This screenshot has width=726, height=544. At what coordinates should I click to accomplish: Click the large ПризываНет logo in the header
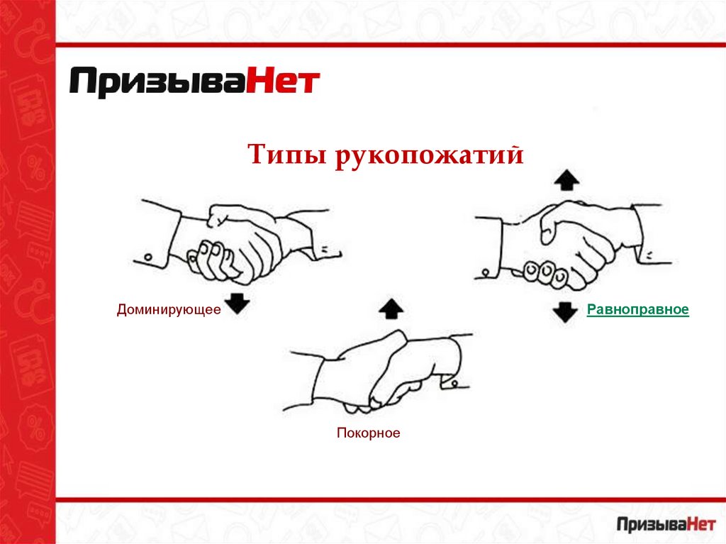tap(194, 82)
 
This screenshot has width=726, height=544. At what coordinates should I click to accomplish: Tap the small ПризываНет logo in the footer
tap(666, 524)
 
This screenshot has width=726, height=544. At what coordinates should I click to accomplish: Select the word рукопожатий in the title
tap(429, 155)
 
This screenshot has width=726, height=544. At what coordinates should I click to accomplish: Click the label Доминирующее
tap(169, 309)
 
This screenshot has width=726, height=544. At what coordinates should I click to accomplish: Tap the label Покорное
tap(369, 433)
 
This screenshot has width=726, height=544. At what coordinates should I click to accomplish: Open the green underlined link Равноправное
tap(638, 309)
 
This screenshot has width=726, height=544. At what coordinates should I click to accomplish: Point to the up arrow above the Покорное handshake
tap(391, 309)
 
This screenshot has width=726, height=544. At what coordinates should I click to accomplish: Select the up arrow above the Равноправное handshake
tap(566, 179)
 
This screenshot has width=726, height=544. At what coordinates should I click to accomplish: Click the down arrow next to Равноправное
tap(565, 312)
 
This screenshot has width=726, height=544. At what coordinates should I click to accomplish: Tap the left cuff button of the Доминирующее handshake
tap(149, 257)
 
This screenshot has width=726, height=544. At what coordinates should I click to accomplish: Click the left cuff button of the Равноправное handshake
tap(486, 272)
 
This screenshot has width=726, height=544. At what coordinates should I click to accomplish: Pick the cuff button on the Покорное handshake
tap(454, 383)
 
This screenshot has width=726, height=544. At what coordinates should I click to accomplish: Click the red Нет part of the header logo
tap(282, 82)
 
